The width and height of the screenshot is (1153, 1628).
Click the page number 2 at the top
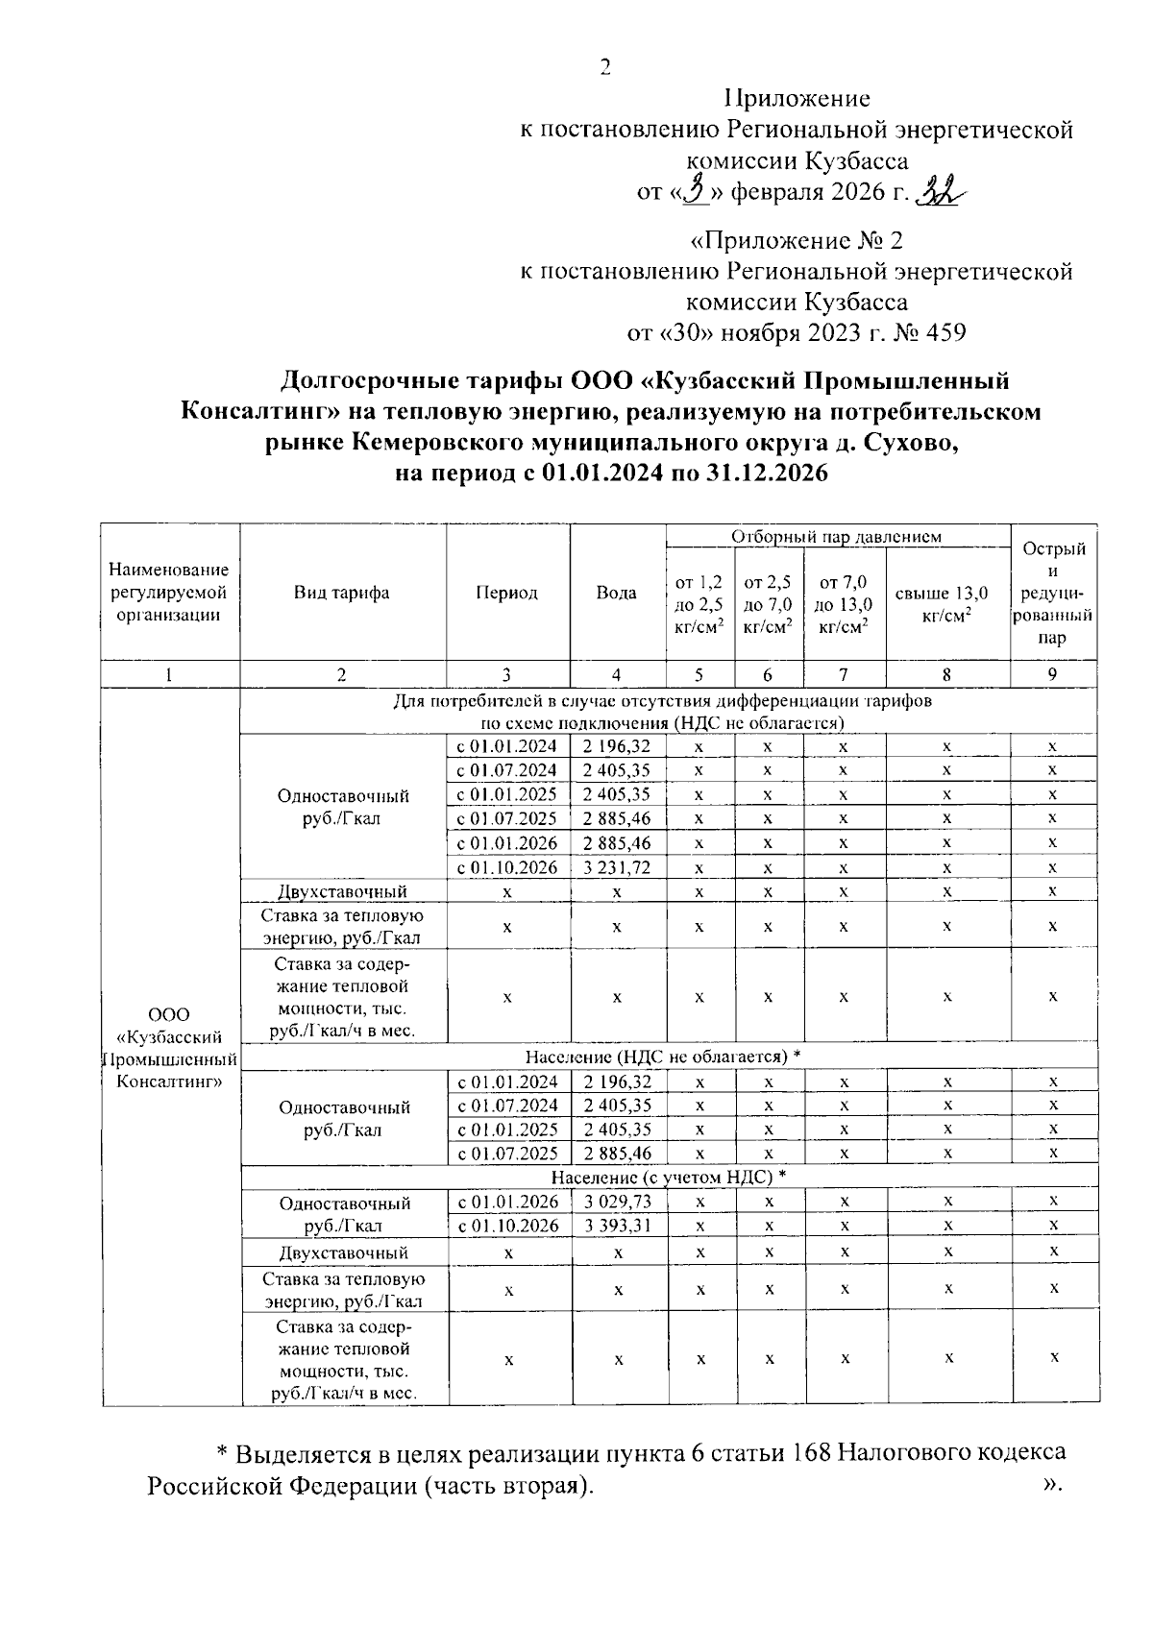pos(604,67)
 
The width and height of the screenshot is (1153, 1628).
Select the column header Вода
pos(617,593)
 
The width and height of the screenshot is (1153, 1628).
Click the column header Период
pos(507,593)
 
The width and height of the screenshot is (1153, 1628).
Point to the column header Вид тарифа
pos(342,593)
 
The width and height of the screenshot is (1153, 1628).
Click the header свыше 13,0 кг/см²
pos(946,602)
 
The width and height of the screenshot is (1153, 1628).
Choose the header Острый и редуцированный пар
pos(1053,593)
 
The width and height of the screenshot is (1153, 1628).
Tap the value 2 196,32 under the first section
pos(617,746)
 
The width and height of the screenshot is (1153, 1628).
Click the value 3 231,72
pos(617,867)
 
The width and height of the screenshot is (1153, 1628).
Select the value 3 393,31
pos(618,1226)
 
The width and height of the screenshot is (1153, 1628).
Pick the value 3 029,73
pos(618,1202)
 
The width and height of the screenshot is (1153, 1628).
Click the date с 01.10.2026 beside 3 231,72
pos(507,867)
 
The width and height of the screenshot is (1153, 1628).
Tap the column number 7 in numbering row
pos(843,674)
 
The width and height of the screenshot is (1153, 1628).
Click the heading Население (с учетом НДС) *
pos(669,1177)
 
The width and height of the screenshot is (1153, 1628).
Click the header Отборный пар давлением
pos(836,536)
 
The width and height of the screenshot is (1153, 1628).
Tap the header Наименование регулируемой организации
pos(170,593)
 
